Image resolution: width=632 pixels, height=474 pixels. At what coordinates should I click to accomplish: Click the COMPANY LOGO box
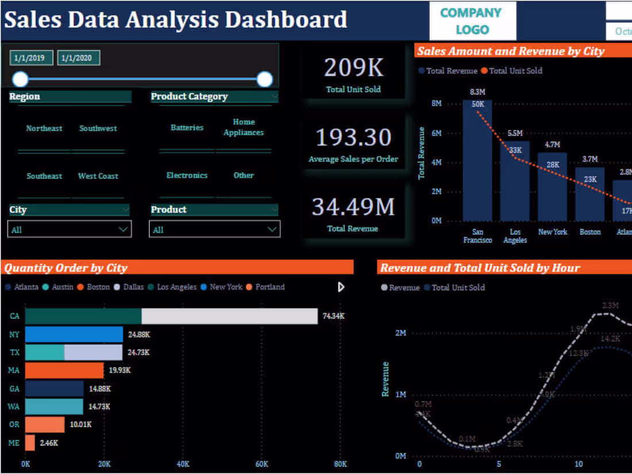click(x=472, y=21)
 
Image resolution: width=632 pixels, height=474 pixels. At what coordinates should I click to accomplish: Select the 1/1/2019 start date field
click(x=31, y=58)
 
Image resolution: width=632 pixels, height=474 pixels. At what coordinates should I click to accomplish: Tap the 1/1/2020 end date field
click(x=78, y=58)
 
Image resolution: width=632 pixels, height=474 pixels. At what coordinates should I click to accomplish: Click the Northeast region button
click(x=44, y=129)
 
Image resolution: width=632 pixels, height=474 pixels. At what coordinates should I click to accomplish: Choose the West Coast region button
click(x=98, y=176)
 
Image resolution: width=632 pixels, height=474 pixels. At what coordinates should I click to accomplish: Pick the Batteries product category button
click(x=187, y=128)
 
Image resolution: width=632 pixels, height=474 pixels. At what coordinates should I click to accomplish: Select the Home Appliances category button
click(x=244, y=128)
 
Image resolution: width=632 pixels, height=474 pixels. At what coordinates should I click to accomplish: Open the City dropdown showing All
click(x=70, y=229)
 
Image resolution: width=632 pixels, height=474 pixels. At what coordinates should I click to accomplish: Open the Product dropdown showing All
click(x=215, y=229)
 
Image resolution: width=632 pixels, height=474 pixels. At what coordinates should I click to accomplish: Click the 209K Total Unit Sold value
click(x=353, y=68)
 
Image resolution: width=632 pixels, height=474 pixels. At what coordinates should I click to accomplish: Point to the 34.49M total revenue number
click(x=353, y=207)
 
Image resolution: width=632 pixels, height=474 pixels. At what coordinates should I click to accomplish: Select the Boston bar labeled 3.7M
click(x=590, y=195)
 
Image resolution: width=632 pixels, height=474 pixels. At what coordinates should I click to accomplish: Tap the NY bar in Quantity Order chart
click(x=74, y=334)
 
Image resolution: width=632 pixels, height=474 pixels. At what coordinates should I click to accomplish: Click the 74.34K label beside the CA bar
click(x=333, y=316)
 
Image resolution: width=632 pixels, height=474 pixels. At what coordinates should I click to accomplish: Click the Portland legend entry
click(x=269, y=287)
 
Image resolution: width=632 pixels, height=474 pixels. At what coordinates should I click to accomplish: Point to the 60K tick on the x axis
click(x=261, y=464)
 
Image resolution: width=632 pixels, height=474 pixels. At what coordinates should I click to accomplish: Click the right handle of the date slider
click(x=264, y=79)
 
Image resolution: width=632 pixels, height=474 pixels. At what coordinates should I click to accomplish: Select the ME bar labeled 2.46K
click(x=30, y=442)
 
